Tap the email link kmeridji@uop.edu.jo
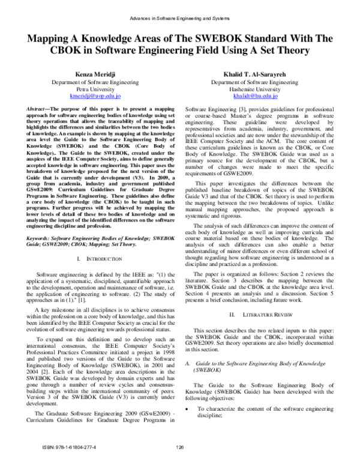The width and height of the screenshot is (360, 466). (x=95, y=95)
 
